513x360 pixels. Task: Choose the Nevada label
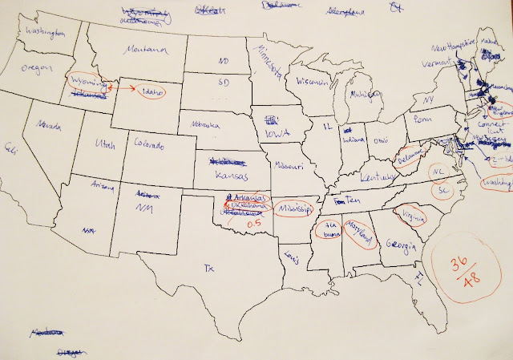40,126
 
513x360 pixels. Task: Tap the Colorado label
149,145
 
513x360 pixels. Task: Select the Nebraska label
197,125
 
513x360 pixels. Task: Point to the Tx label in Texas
210,268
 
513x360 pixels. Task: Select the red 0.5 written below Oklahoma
253,224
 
